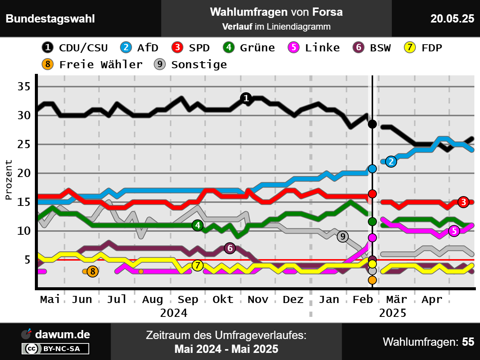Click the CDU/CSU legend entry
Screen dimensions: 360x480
tap(75, 48)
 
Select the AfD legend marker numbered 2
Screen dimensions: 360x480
tap(126, 47)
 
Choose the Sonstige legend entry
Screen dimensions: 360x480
tap(190, 64)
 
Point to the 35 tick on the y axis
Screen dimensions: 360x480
tap(24, 87)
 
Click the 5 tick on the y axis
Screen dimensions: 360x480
tap(27, 259)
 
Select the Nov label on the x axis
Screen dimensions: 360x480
tap(258, 299)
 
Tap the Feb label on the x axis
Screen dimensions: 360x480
tap(363, 299)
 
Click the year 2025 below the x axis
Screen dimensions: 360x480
tap(393, 313)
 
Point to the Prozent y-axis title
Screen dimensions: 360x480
tap(9, 180)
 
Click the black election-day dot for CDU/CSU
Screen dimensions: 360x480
tap(372, 124)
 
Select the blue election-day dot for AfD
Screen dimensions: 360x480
tap(372, 169)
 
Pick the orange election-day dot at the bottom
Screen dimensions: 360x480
tap(372, 280)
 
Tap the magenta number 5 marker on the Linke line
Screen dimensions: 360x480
tap(454, 231)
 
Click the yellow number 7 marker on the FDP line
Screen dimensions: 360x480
tap(198, 265)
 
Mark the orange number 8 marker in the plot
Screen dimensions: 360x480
tap(93, 271)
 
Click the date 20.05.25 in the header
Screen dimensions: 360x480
tap(452, 19)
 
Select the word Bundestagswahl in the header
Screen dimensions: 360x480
tap(50, 19)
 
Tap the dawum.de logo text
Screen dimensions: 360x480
tap(62, 334)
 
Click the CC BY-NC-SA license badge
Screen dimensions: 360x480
tap(55, 349)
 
